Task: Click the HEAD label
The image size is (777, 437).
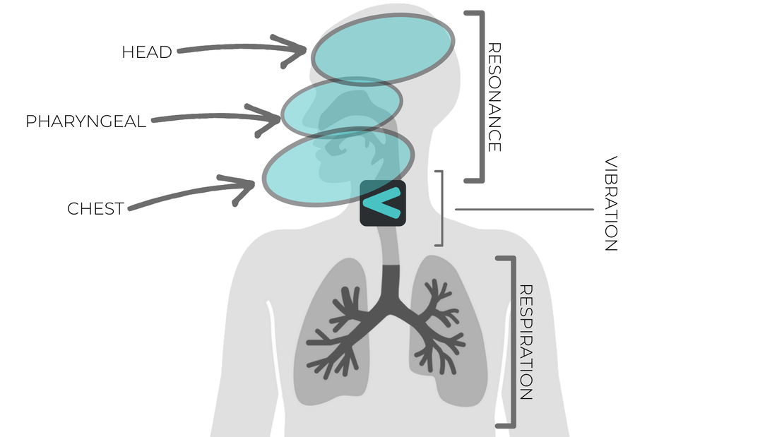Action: [x=147, y=52]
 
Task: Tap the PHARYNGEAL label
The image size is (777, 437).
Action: [x=85, y=121]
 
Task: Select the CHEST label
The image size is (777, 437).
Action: [x=95, y=209]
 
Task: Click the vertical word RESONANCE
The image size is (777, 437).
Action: [x=494, y=97]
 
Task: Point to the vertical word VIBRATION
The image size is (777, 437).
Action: [x=611, y=204]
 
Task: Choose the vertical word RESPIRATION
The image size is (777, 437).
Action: [x=526, y=342]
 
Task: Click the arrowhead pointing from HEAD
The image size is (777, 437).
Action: [x=297, y=51]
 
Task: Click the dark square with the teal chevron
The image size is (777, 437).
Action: [x=383, y=203]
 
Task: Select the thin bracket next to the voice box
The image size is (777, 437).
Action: [x=440, y=208]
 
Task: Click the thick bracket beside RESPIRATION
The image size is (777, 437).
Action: [x=505, y=342]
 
